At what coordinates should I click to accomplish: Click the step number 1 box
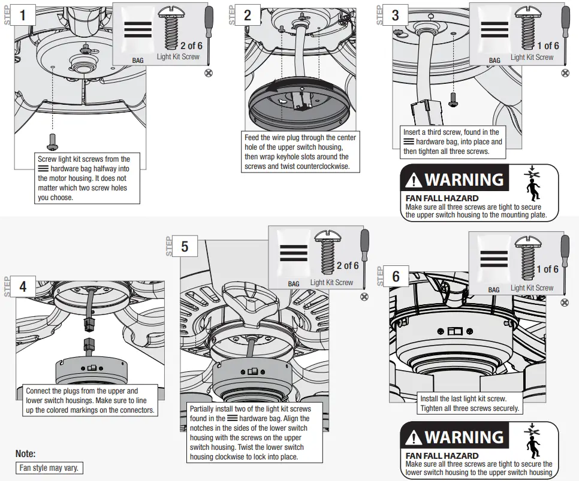pos(23,14)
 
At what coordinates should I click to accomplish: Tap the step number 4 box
pos(23,286)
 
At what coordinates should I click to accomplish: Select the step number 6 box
pos(396,276)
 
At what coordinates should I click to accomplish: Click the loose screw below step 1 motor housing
pos(52,141)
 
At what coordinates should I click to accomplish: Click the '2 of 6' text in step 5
pos(348,265)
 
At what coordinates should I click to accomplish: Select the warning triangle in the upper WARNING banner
pos(414,180)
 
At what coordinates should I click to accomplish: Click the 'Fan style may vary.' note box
pos(49,468)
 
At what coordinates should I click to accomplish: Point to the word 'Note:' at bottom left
pos(26,453)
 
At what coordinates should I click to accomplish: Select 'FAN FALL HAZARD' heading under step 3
pos(442,198)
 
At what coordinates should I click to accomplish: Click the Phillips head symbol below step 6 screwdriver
pos(565,302)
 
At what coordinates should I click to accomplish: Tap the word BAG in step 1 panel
pos(138,60)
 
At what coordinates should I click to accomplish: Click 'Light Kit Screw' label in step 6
pos(532,288)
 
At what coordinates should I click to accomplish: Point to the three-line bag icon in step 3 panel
pos(494,30)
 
